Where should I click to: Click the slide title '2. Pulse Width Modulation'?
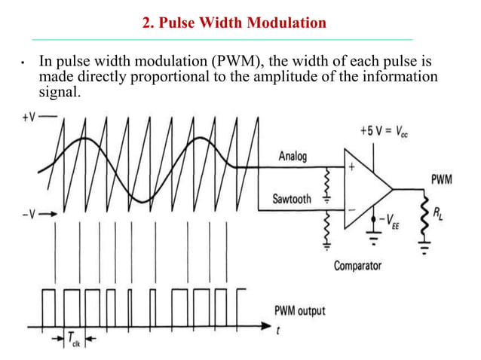(234, 23)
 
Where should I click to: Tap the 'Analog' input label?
(293, 157)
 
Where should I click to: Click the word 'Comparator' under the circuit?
(357, 264)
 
